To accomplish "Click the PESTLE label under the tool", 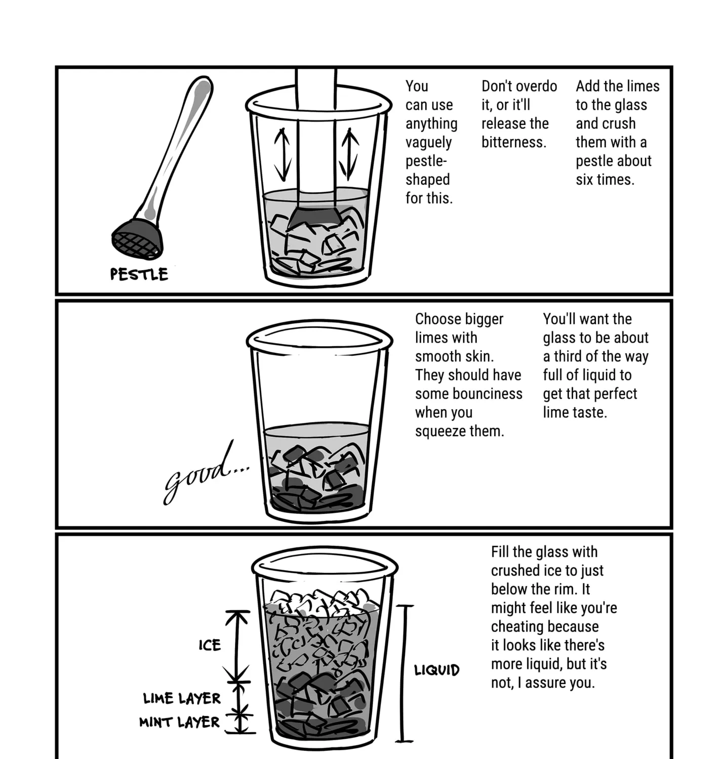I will point(139,274).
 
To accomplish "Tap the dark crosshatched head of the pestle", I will point(138,241).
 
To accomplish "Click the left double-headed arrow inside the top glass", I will point(282,155).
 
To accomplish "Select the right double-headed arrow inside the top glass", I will point(349,155).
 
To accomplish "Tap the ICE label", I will point(210,645).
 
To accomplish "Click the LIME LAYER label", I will point(182,699).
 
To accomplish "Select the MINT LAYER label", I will point(180,722).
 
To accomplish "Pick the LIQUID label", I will point(437,670).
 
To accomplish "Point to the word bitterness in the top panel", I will point(513,142).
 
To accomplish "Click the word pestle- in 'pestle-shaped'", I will point(426,161).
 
